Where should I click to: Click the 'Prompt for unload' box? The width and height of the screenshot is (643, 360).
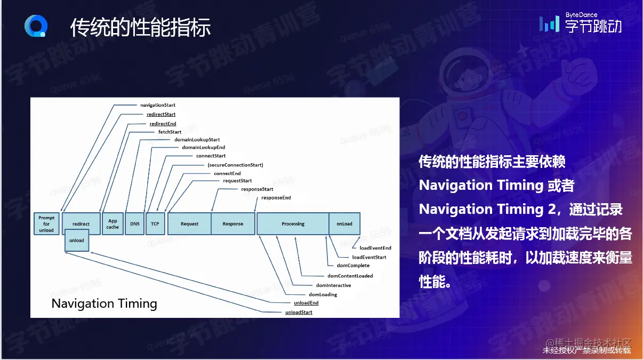46,224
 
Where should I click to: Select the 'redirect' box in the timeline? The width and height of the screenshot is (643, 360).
81,223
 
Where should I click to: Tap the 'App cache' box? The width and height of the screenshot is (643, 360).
112,224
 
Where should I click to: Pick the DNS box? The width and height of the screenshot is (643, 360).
134,224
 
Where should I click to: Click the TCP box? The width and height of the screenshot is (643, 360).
155,224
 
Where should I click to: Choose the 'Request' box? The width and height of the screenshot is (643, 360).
189,224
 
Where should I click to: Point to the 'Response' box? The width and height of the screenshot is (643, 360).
233,224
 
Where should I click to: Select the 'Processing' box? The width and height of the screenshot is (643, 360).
293,224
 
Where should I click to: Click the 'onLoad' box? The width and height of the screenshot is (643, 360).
344,224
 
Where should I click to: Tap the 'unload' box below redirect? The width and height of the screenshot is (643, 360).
77,241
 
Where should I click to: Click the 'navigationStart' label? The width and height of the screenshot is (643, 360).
158,105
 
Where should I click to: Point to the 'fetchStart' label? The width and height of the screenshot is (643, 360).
170,132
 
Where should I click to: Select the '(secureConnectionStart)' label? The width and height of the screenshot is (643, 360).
235,165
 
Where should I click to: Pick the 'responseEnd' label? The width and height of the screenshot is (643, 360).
276,198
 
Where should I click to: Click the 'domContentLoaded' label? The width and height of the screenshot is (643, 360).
350,276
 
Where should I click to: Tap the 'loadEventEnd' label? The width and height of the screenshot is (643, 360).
375,248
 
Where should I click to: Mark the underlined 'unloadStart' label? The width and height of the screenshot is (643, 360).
299,312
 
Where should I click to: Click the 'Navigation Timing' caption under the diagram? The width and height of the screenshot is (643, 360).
104,304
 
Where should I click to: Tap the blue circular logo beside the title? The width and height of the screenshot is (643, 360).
36,26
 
